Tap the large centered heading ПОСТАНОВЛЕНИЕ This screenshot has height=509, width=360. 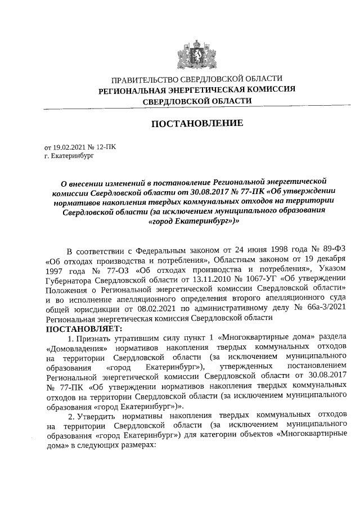click(196, 123)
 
